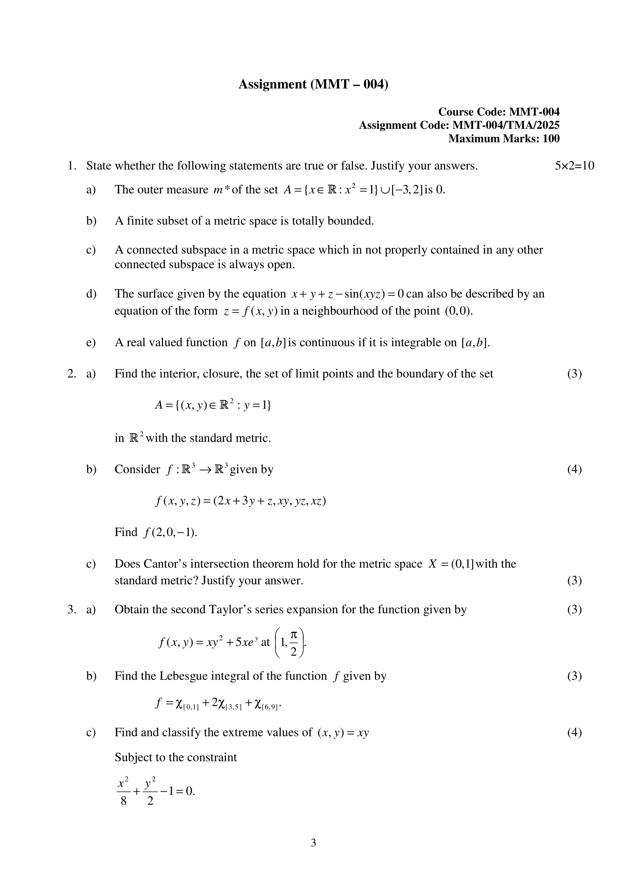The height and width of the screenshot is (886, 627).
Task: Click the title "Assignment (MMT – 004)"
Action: [x=313, y=84]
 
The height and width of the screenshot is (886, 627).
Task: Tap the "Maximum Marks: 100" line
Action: [x=503, y=139]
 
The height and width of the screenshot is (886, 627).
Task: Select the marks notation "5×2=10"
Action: [x=574, y=166]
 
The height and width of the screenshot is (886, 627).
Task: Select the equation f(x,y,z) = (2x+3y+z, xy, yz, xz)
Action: [x=240, y=501]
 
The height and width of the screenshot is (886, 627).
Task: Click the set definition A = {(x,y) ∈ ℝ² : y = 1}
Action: [x=213, y=405]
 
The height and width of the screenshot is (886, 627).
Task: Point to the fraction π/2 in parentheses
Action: [x=293, y=642]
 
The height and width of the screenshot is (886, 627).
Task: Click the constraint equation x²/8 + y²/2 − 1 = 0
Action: [x=155, y=791]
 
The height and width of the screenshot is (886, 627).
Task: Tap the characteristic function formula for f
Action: [x=218, y=704]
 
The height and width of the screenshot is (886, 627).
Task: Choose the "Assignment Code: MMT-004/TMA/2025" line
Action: [x=459, y=125]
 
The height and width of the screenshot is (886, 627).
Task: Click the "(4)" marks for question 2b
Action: [x=574, y=469]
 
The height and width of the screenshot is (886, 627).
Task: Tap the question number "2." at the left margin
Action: [x=72, y=373]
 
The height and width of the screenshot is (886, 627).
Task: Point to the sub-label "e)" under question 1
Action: [x=91, y=343]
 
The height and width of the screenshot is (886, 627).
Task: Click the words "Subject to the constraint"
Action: [x=176, y=757]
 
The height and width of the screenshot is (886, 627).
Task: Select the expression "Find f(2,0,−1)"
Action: [x=155, y=532]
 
